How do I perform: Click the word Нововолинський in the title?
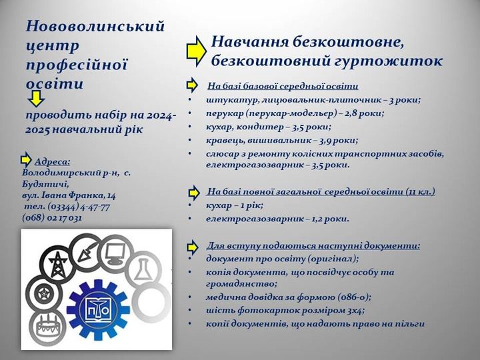[95, 26]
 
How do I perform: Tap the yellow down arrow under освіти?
[36, 98]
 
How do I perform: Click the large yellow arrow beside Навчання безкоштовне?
[196, 51]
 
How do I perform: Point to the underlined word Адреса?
[53, 161]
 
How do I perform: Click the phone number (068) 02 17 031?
[52, 217]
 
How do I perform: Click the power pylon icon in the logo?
[58, 263]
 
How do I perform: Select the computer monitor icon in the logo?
[115, 253]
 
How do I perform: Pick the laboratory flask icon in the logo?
[143, 269]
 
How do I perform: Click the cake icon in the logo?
[47, 326]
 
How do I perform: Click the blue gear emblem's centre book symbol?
[97, 310]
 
